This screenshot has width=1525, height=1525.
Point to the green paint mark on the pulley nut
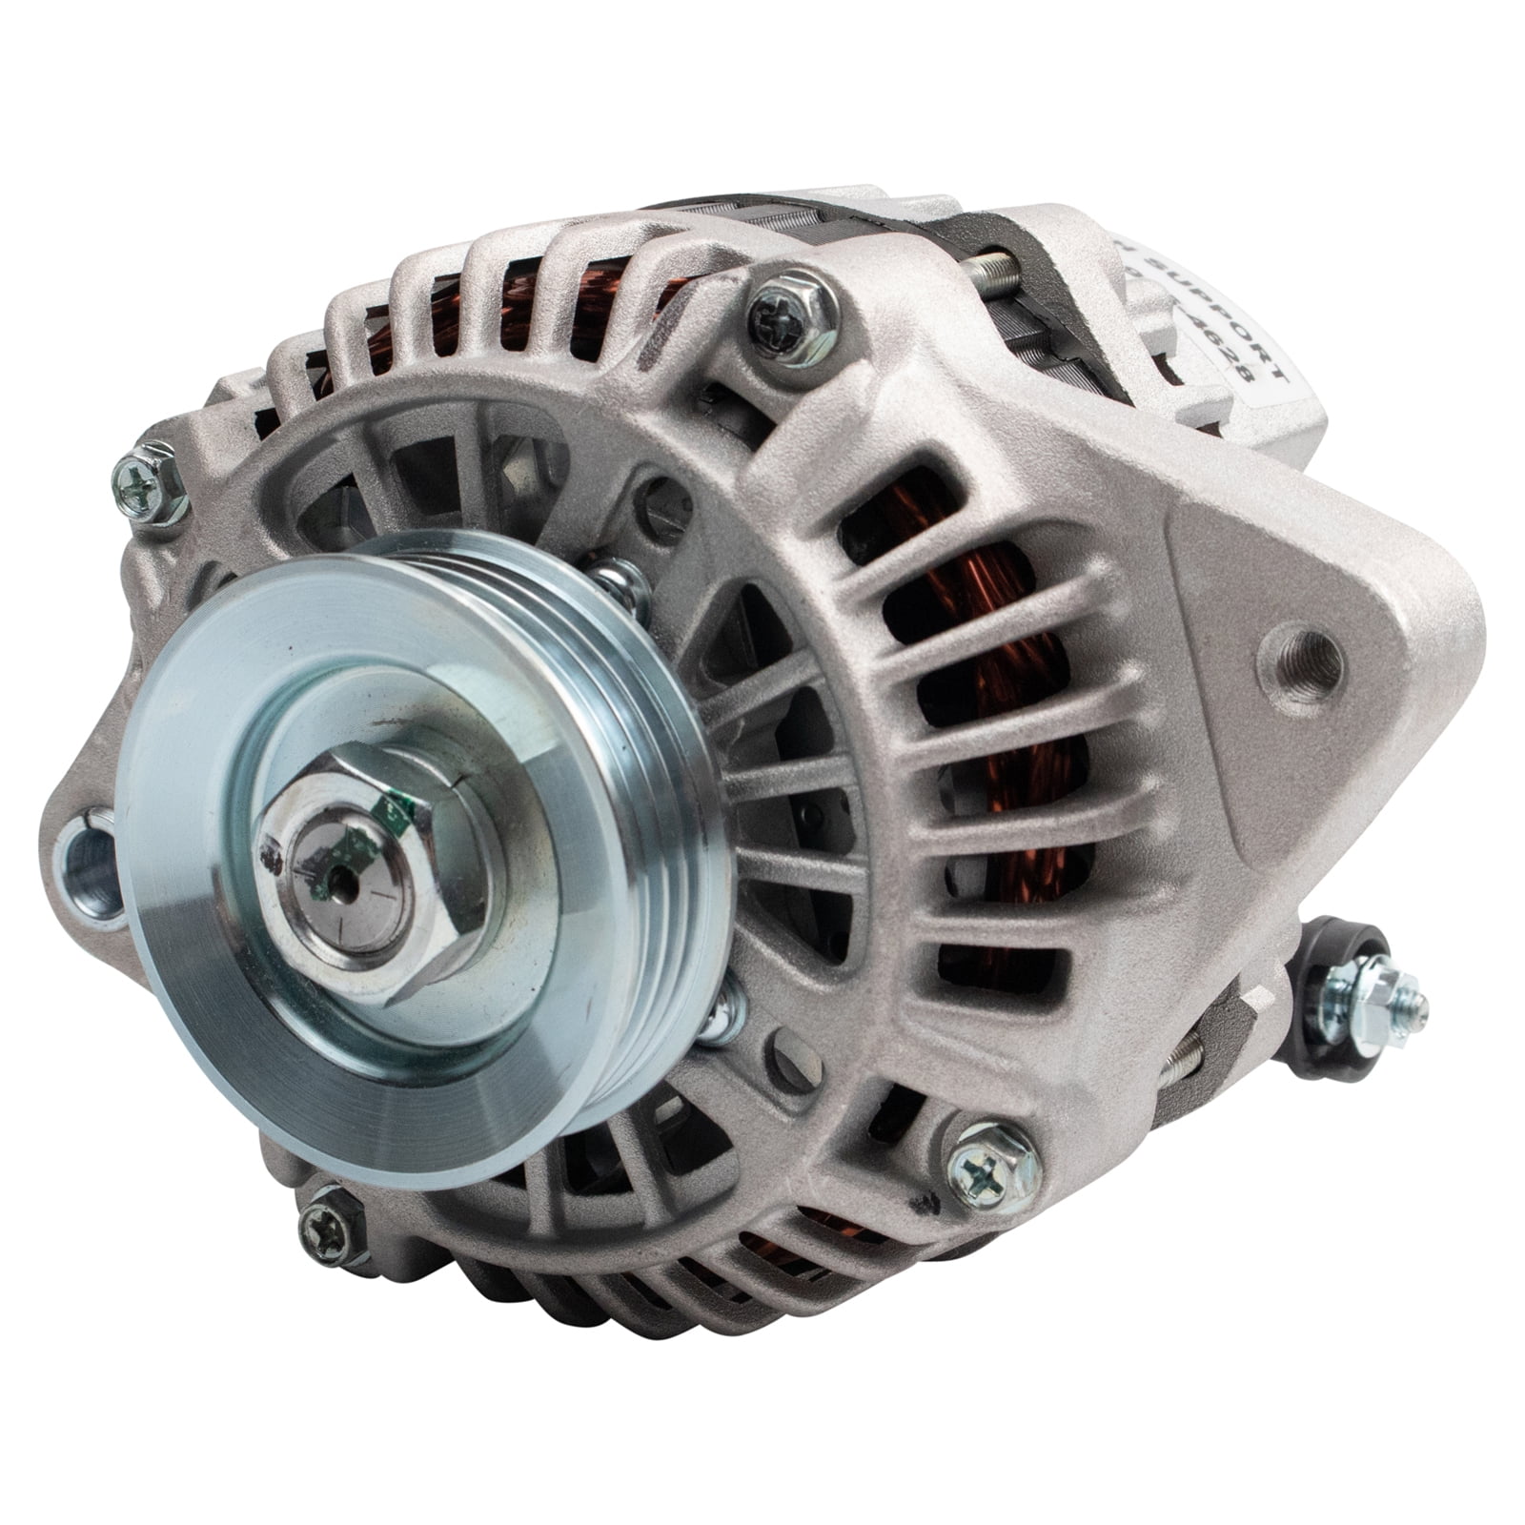coord(391,811)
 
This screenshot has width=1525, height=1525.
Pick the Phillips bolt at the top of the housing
coord(790,310)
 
